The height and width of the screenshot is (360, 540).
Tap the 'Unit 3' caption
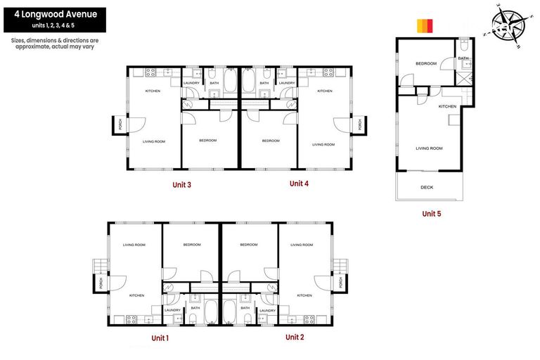click(x=182, y=185)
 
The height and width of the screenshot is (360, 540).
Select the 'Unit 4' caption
click(x=299, y=184)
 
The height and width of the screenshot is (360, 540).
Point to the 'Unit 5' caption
click(x=431, y=213)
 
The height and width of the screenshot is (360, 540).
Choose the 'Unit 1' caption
click(x=160, y=338)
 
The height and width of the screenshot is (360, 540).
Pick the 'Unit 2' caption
click(x=295, y=337)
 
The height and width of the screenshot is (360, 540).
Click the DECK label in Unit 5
click(x=427, y=187)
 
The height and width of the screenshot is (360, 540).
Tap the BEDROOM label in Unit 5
click(x=425, y=64)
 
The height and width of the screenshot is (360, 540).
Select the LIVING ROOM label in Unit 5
click(x=429, y=148)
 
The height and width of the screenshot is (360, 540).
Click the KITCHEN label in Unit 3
click(x=153, y=91)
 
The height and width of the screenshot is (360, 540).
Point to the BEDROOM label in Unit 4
click(x=271, y=141)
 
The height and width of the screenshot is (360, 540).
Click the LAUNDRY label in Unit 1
click(x=172, y=309)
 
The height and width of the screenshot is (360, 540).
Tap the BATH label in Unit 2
click(x=245, y=307)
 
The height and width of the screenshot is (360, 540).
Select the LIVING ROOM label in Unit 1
click(x=134, y=245)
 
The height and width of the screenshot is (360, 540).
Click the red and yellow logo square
click(x=425, y=25)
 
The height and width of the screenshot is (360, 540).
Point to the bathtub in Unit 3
click(x=231, y=83)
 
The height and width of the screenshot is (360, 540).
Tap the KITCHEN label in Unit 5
click(x=447, y=106)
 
